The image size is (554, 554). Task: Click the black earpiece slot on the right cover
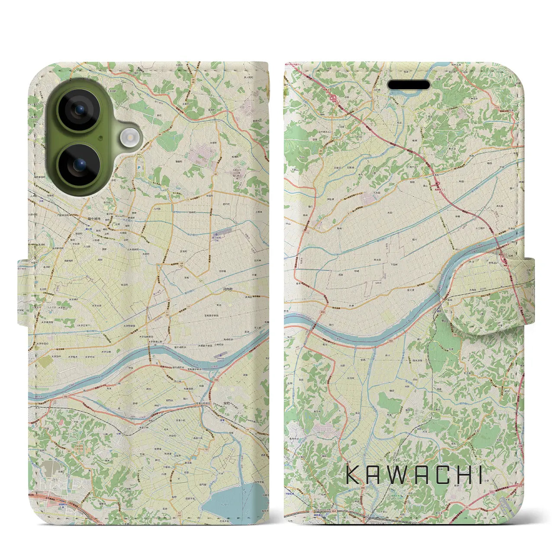(x=409, y=84)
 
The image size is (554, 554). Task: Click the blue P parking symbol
(x=138, y=167)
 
